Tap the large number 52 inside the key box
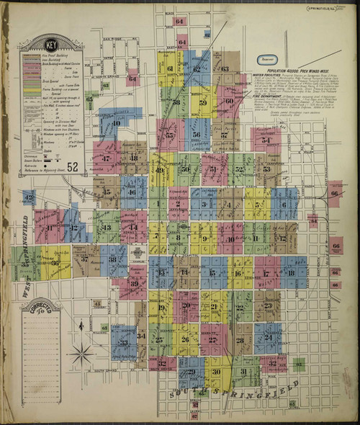point(73,167)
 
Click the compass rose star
point(81,354)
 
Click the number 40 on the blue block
point(115,122)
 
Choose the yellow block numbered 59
point(203,102)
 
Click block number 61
point(171,69)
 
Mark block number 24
point(268,337)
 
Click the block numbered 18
point(292,273)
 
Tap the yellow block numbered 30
point(214,372)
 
